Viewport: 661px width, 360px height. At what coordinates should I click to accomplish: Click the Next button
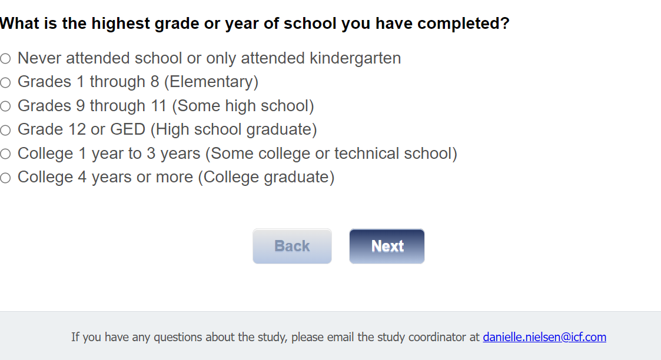tap(387, 246)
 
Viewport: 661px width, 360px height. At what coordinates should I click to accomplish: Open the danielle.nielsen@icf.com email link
tap(544, 337)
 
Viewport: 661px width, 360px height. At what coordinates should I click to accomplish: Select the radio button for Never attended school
tap(5, 58)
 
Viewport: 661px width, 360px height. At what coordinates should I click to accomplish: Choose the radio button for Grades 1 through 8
tap(5, 82)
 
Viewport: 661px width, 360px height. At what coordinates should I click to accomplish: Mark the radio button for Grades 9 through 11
tap(5, 106)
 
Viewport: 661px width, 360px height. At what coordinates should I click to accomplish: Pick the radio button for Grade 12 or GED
tap(5, 130)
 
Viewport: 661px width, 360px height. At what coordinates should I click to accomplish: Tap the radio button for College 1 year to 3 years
tap(5, 154)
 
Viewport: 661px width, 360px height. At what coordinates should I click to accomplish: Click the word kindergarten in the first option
tap(356, 58)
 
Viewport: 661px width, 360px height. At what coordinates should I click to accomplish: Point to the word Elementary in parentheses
tap(211, 82)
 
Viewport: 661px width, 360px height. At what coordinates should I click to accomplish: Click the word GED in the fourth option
tap(128, 129)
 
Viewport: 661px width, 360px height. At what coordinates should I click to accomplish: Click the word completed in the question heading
tap(463, 24)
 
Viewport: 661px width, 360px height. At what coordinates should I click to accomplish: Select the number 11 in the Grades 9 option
tap(158, 106)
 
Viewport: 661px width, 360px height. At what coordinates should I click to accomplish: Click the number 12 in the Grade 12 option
tap(77, 129)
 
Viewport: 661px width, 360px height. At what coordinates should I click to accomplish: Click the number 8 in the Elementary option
tap(155, 82)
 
